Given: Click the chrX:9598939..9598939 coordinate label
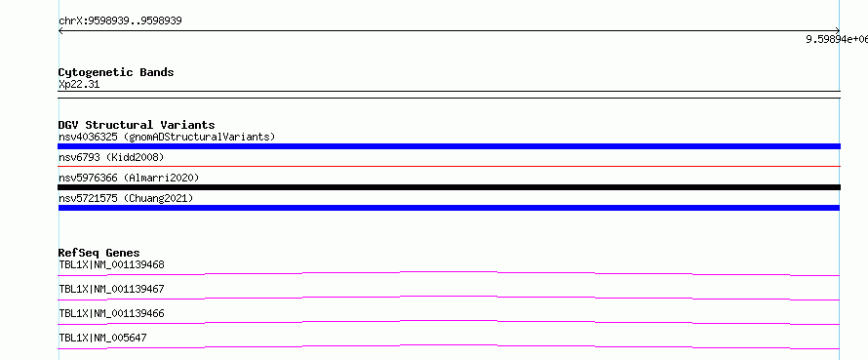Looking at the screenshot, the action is (120, 21).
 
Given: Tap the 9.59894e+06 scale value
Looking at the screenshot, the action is (837, 39).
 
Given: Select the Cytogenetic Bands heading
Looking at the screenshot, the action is (116, 72).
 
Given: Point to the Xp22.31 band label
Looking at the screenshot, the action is (79, 85).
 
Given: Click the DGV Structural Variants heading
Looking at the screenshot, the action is (137, 125).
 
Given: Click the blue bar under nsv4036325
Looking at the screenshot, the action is (449, 146).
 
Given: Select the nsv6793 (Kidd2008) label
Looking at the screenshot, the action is (111, 158).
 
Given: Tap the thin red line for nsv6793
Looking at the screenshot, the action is (449, 166).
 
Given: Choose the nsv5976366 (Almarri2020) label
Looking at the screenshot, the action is (129, 178).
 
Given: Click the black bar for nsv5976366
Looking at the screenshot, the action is (449, 187).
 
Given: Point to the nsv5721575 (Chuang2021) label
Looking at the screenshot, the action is (126, 198).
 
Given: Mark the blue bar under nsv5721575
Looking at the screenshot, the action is (449, 208).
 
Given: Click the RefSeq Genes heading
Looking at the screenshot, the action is (99, 253).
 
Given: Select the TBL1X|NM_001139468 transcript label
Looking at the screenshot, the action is (111, 264).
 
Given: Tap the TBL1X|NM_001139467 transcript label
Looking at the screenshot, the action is (111, 289).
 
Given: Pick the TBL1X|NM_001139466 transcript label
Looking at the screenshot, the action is (111, 313).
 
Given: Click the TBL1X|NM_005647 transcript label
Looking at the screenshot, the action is (102, 338).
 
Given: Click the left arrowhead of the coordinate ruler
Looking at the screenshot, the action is (60, 31).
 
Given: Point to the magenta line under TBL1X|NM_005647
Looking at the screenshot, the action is (449, 345).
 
